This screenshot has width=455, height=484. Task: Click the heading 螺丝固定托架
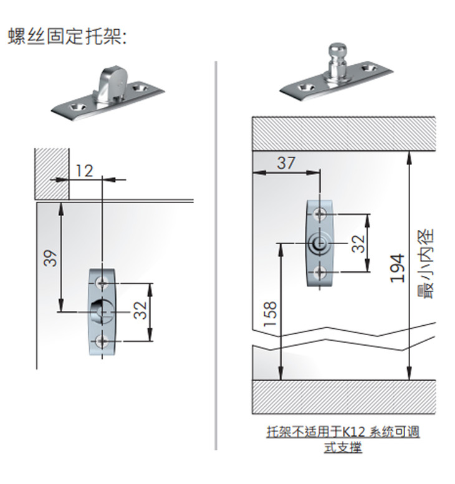67,36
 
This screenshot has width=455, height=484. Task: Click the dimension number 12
84,169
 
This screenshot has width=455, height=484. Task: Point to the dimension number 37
286,163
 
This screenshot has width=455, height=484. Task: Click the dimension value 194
397,268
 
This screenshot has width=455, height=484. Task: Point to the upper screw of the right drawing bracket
320,214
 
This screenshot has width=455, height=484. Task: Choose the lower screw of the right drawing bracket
320,272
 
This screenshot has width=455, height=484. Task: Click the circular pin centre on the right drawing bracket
318,244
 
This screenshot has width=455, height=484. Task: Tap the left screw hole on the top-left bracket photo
78,106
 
